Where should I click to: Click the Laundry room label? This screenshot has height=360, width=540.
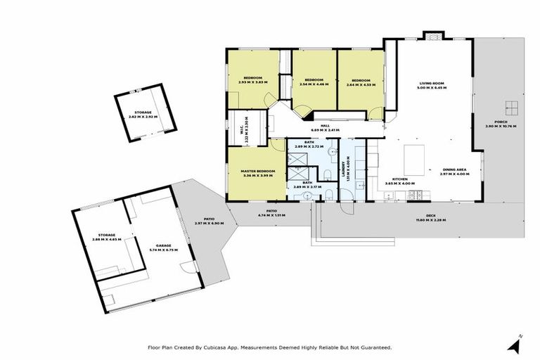tap(347, 169)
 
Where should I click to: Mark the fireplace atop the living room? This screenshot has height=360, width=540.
tap(433, 34)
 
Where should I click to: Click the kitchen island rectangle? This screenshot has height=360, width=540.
tap(416, 160)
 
